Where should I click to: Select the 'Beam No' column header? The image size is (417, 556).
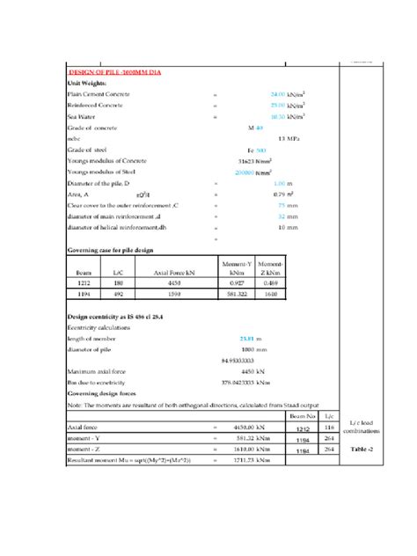[303, 413]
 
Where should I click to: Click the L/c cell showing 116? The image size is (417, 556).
[330, 427]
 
